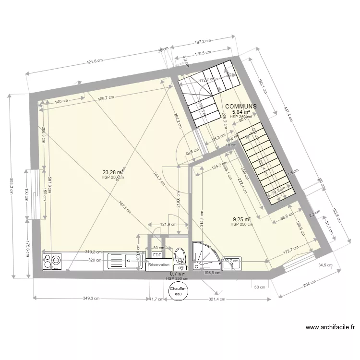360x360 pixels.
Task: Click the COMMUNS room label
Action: pos(240,106)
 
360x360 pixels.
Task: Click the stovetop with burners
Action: pos(52,262)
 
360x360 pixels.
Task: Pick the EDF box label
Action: pos(156,255)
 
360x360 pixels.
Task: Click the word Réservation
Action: pos(159,265)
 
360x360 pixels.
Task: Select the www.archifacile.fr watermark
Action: pos(330,328)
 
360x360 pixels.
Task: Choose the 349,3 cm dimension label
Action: pos(91,298)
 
